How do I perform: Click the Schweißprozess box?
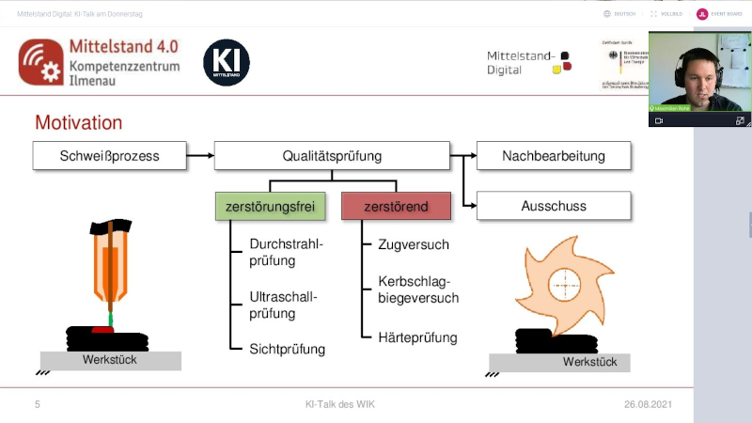pos(109,156)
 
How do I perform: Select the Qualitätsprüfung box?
pos(332,156)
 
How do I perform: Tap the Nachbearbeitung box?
pos(554,156)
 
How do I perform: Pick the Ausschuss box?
pos(554,205)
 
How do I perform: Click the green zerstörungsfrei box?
pos(270,205)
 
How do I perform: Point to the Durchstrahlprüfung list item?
pos(286,253)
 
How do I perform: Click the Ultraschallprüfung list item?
pos(283,305)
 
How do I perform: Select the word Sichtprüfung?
pos(287,349)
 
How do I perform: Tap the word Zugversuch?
pos(414,244)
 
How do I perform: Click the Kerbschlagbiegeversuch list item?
pos(418,290)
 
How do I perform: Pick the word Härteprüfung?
pos(417,337)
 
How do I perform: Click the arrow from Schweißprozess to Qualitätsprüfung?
pos(199,156)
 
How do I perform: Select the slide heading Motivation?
pos(78,123)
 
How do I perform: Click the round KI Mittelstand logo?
pos(227,62)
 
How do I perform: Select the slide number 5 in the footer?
pos(38,404)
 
